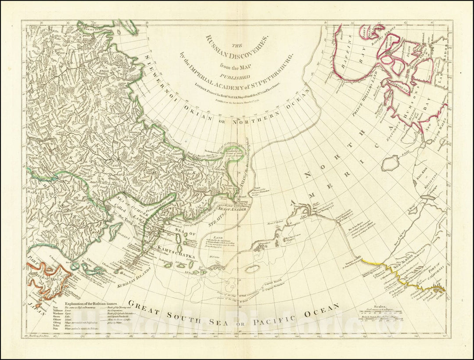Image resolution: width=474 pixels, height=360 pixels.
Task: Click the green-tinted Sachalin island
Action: click(115, 228)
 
